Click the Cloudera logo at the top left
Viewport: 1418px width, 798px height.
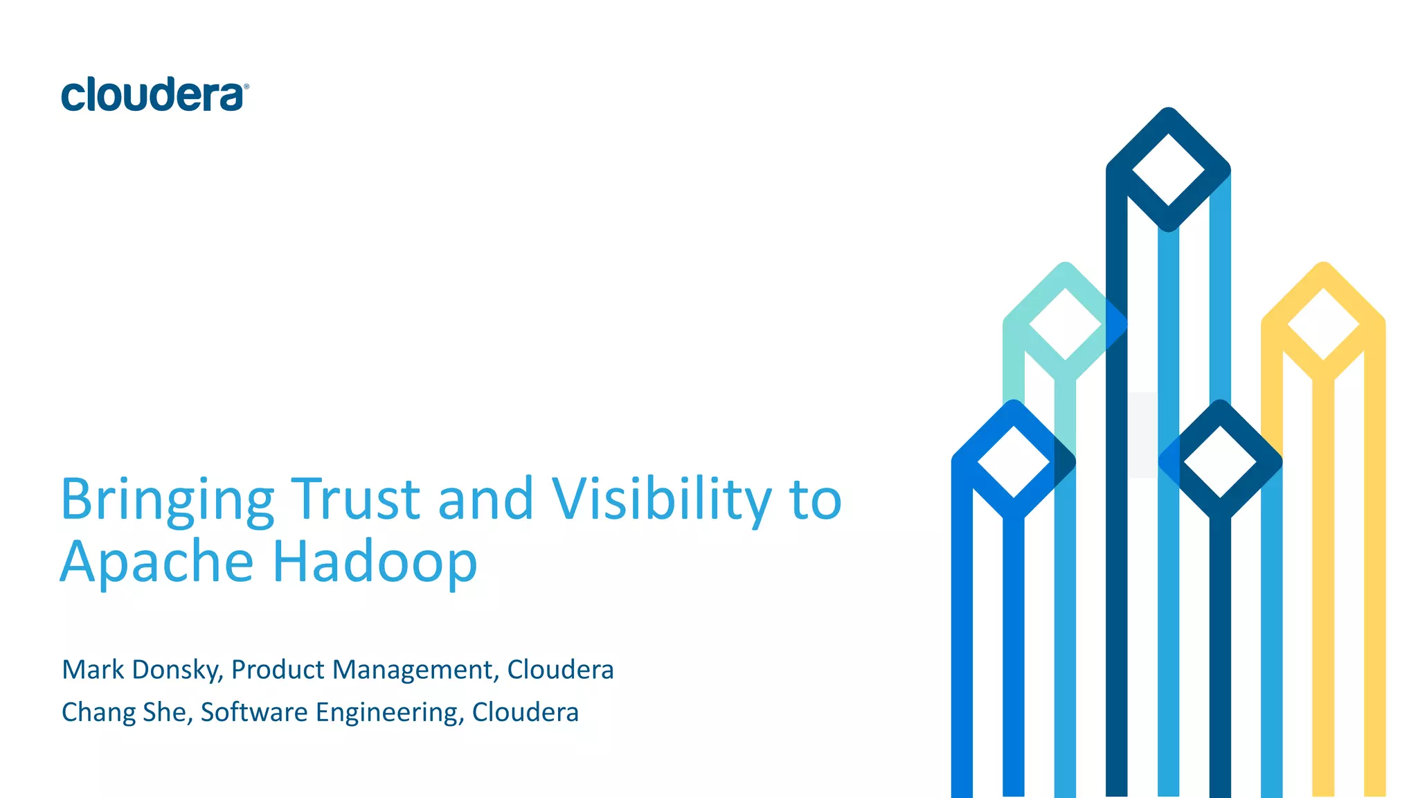152,95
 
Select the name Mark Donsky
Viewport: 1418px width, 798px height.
141,670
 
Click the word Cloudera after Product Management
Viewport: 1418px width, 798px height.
560,670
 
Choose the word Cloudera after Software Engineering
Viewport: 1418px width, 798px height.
525,713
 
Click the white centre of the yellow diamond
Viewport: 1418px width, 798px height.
1323,323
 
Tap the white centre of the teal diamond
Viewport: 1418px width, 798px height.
1065,323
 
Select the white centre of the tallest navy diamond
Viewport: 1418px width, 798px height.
1168,170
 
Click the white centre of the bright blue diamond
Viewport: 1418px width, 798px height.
1014,461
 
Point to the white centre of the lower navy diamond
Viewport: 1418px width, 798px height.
1220,461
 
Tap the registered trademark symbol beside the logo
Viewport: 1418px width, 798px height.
246,87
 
